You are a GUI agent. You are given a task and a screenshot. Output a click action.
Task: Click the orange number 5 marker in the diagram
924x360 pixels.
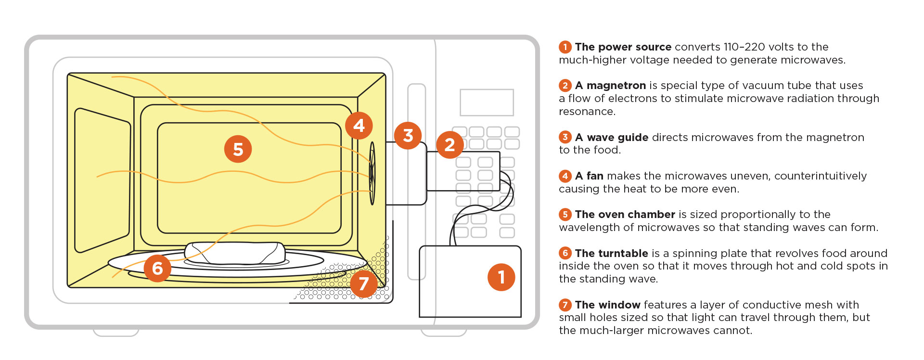pos(238,149)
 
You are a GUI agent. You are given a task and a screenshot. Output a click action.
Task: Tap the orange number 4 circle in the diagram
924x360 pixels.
pos(359,126)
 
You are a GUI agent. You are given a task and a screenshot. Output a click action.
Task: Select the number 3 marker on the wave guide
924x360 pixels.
pos(408,136)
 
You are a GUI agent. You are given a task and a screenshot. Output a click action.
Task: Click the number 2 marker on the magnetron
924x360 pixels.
pos(450,144)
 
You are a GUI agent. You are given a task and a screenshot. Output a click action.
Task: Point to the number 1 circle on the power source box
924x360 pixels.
pos(501,277)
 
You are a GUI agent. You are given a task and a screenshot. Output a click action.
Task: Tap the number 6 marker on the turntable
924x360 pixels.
pos(157,268)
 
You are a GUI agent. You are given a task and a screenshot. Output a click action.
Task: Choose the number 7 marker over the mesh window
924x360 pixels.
pos(363,283)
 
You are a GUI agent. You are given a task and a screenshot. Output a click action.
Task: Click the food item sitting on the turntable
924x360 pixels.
pos(235,253)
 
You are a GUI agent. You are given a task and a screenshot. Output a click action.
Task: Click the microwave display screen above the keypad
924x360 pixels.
pos(487,102)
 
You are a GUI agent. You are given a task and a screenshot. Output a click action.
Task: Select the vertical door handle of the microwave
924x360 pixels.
pos(416,182)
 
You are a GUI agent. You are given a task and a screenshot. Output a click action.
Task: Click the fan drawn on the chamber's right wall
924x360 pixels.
pos(372,173)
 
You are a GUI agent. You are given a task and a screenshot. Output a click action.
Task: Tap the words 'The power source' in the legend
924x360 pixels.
pos(623,47)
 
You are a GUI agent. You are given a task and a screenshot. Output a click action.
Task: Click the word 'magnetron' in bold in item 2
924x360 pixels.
pos(616,86)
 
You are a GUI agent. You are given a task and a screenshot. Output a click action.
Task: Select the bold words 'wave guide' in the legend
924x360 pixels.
pos(617,138)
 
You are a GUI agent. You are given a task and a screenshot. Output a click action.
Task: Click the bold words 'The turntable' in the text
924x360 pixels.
pos(611,254)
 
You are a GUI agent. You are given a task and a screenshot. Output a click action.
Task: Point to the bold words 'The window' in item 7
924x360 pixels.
pos(607,305)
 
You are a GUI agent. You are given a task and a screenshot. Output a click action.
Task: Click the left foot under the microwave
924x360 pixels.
pos(115,332)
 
